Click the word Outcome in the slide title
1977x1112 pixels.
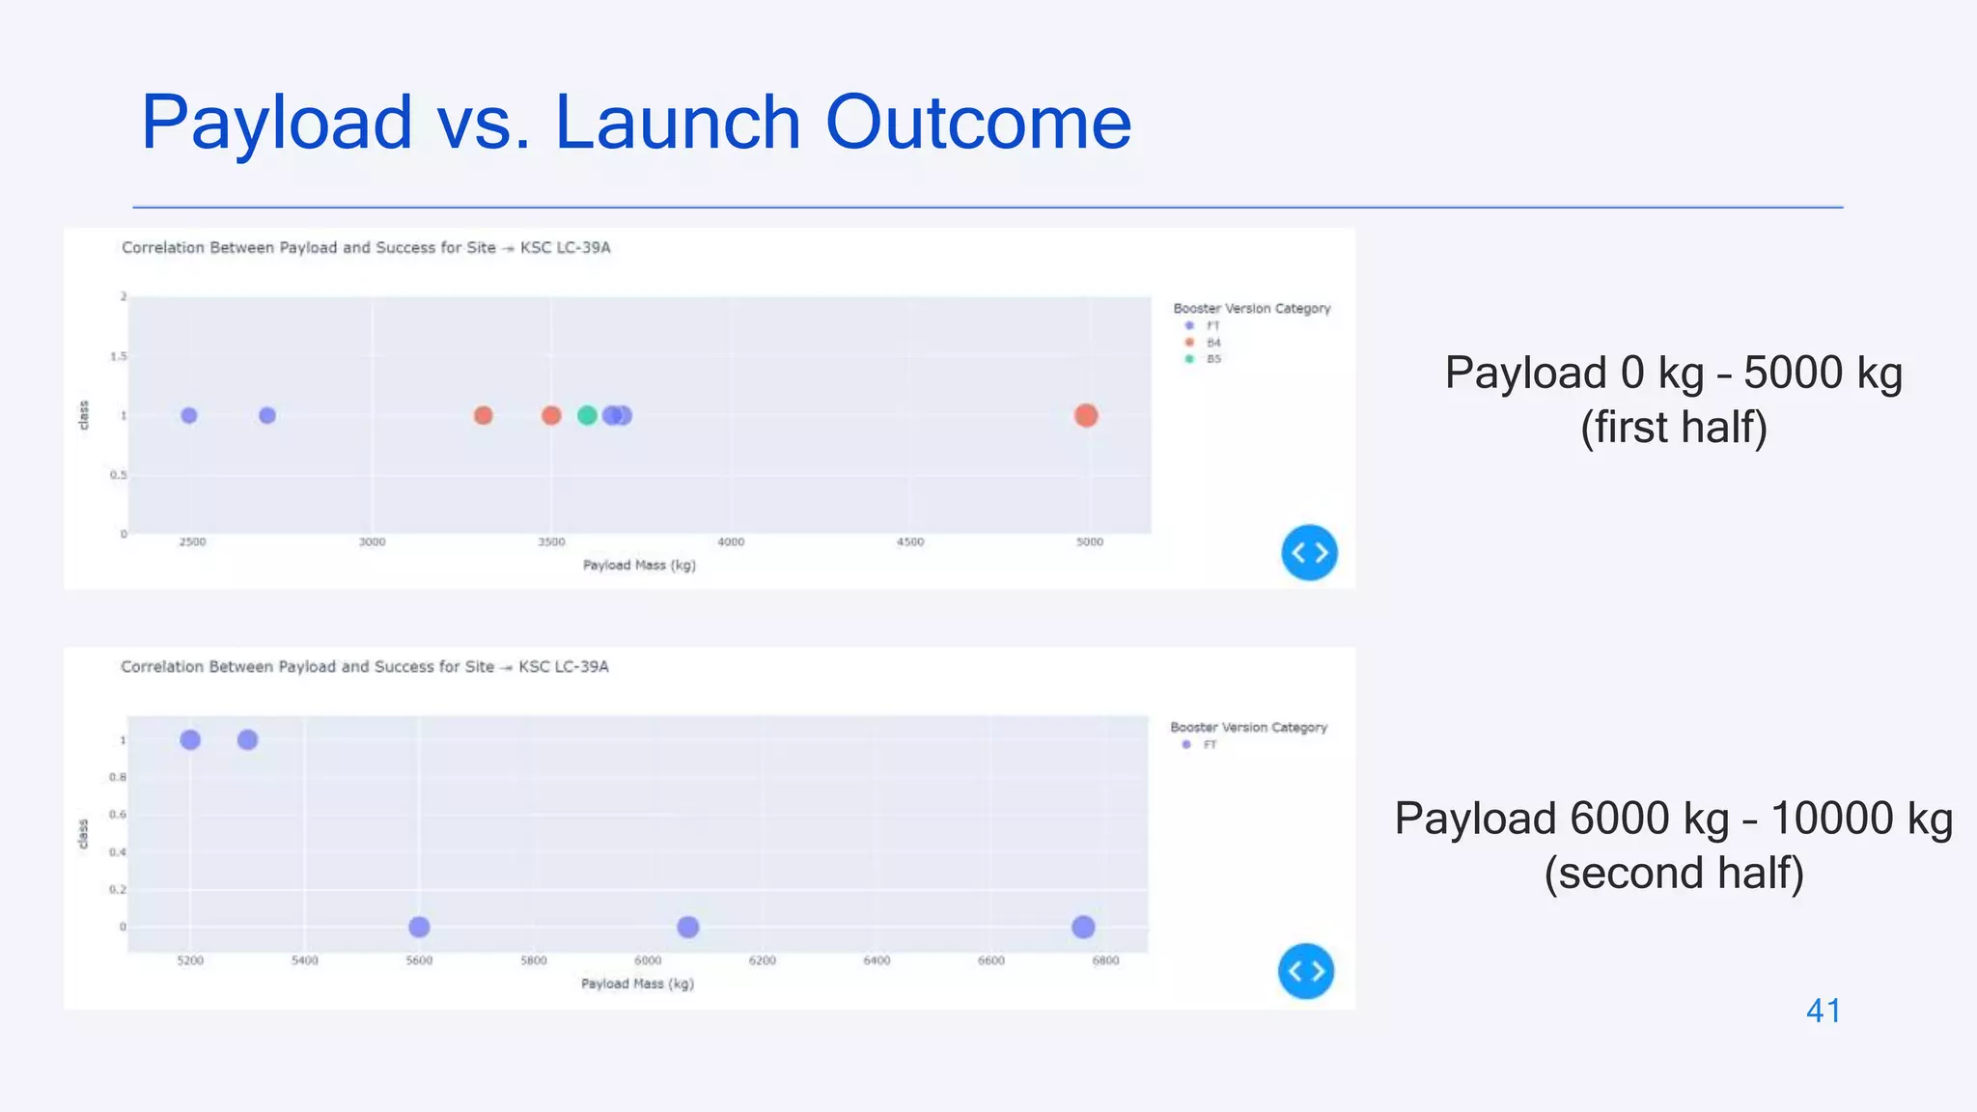[977, 123]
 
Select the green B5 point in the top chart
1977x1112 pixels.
[587, 415]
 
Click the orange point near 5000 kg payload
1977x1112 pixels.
[1086, 415]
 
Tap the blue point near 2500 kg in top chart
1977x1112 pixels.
[189, 415]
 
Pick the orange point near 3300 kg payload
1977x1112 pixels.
[484, 415]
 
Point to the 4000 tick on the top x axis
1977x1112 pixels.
[731, 542]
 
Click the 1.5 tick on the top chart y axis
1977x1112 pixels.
[118, 356]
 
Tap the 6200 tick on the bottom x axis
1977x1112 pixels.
[762, 960]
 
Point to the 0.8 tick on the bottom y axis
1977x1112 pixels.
[117, 777]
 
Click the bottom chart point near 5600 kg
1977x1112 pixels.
[419, 927]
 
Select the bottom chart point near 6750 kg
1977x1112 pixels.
[1083, 927]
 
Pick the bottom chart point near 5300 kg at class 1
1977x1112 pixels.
[247, 739]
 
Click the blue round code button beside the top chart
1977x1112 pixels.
[1309, 552]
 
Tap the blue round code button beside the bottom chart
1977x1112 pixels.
[1306, 971]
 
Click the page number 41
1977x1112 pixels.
[1824, 1011]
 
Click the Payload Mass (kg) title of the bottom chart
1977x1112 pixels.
[637, 984]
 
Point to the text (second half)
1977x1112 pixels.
[1674, 873]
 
